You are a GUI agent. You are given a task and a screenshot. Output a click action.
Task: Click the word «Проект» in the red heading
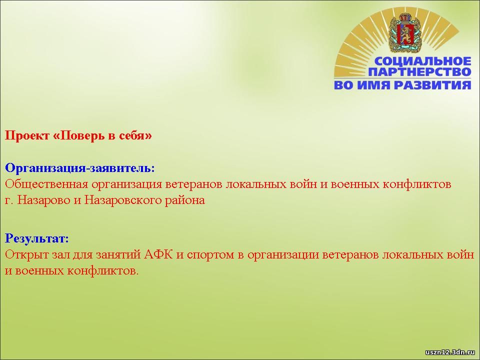click(x=27, y=135)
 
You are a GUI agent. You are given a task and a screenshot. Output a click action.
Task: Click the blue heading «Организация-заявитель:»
click(x=80, y=168)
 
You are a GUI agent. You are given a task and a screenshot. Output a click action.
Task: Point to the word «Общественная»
click(x=46, y=184)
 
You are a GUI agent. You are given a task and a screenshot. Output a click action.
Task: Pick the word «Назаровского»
click(x=122, y=200)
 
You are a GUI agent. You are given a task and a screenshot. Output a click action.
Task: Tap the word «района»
click(x=185, y=200)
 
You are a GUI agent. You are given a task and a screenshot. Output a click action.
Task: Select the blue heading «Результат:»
click(x=37, y=238)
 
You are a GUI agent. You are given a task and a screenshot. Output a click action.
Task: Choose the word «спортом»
click(x=210, y=255)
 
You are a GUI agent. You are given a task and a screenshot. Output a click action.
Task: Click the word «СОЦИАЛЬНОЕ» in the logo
click(x=423, y=61)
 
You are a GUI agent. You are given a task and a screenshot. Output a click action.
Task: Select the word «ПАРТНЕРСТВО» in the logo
click(x=419, y=72)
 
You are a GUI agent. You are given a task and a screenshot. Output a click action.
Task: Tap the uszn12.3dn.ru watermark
click(x=449, y=352)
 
